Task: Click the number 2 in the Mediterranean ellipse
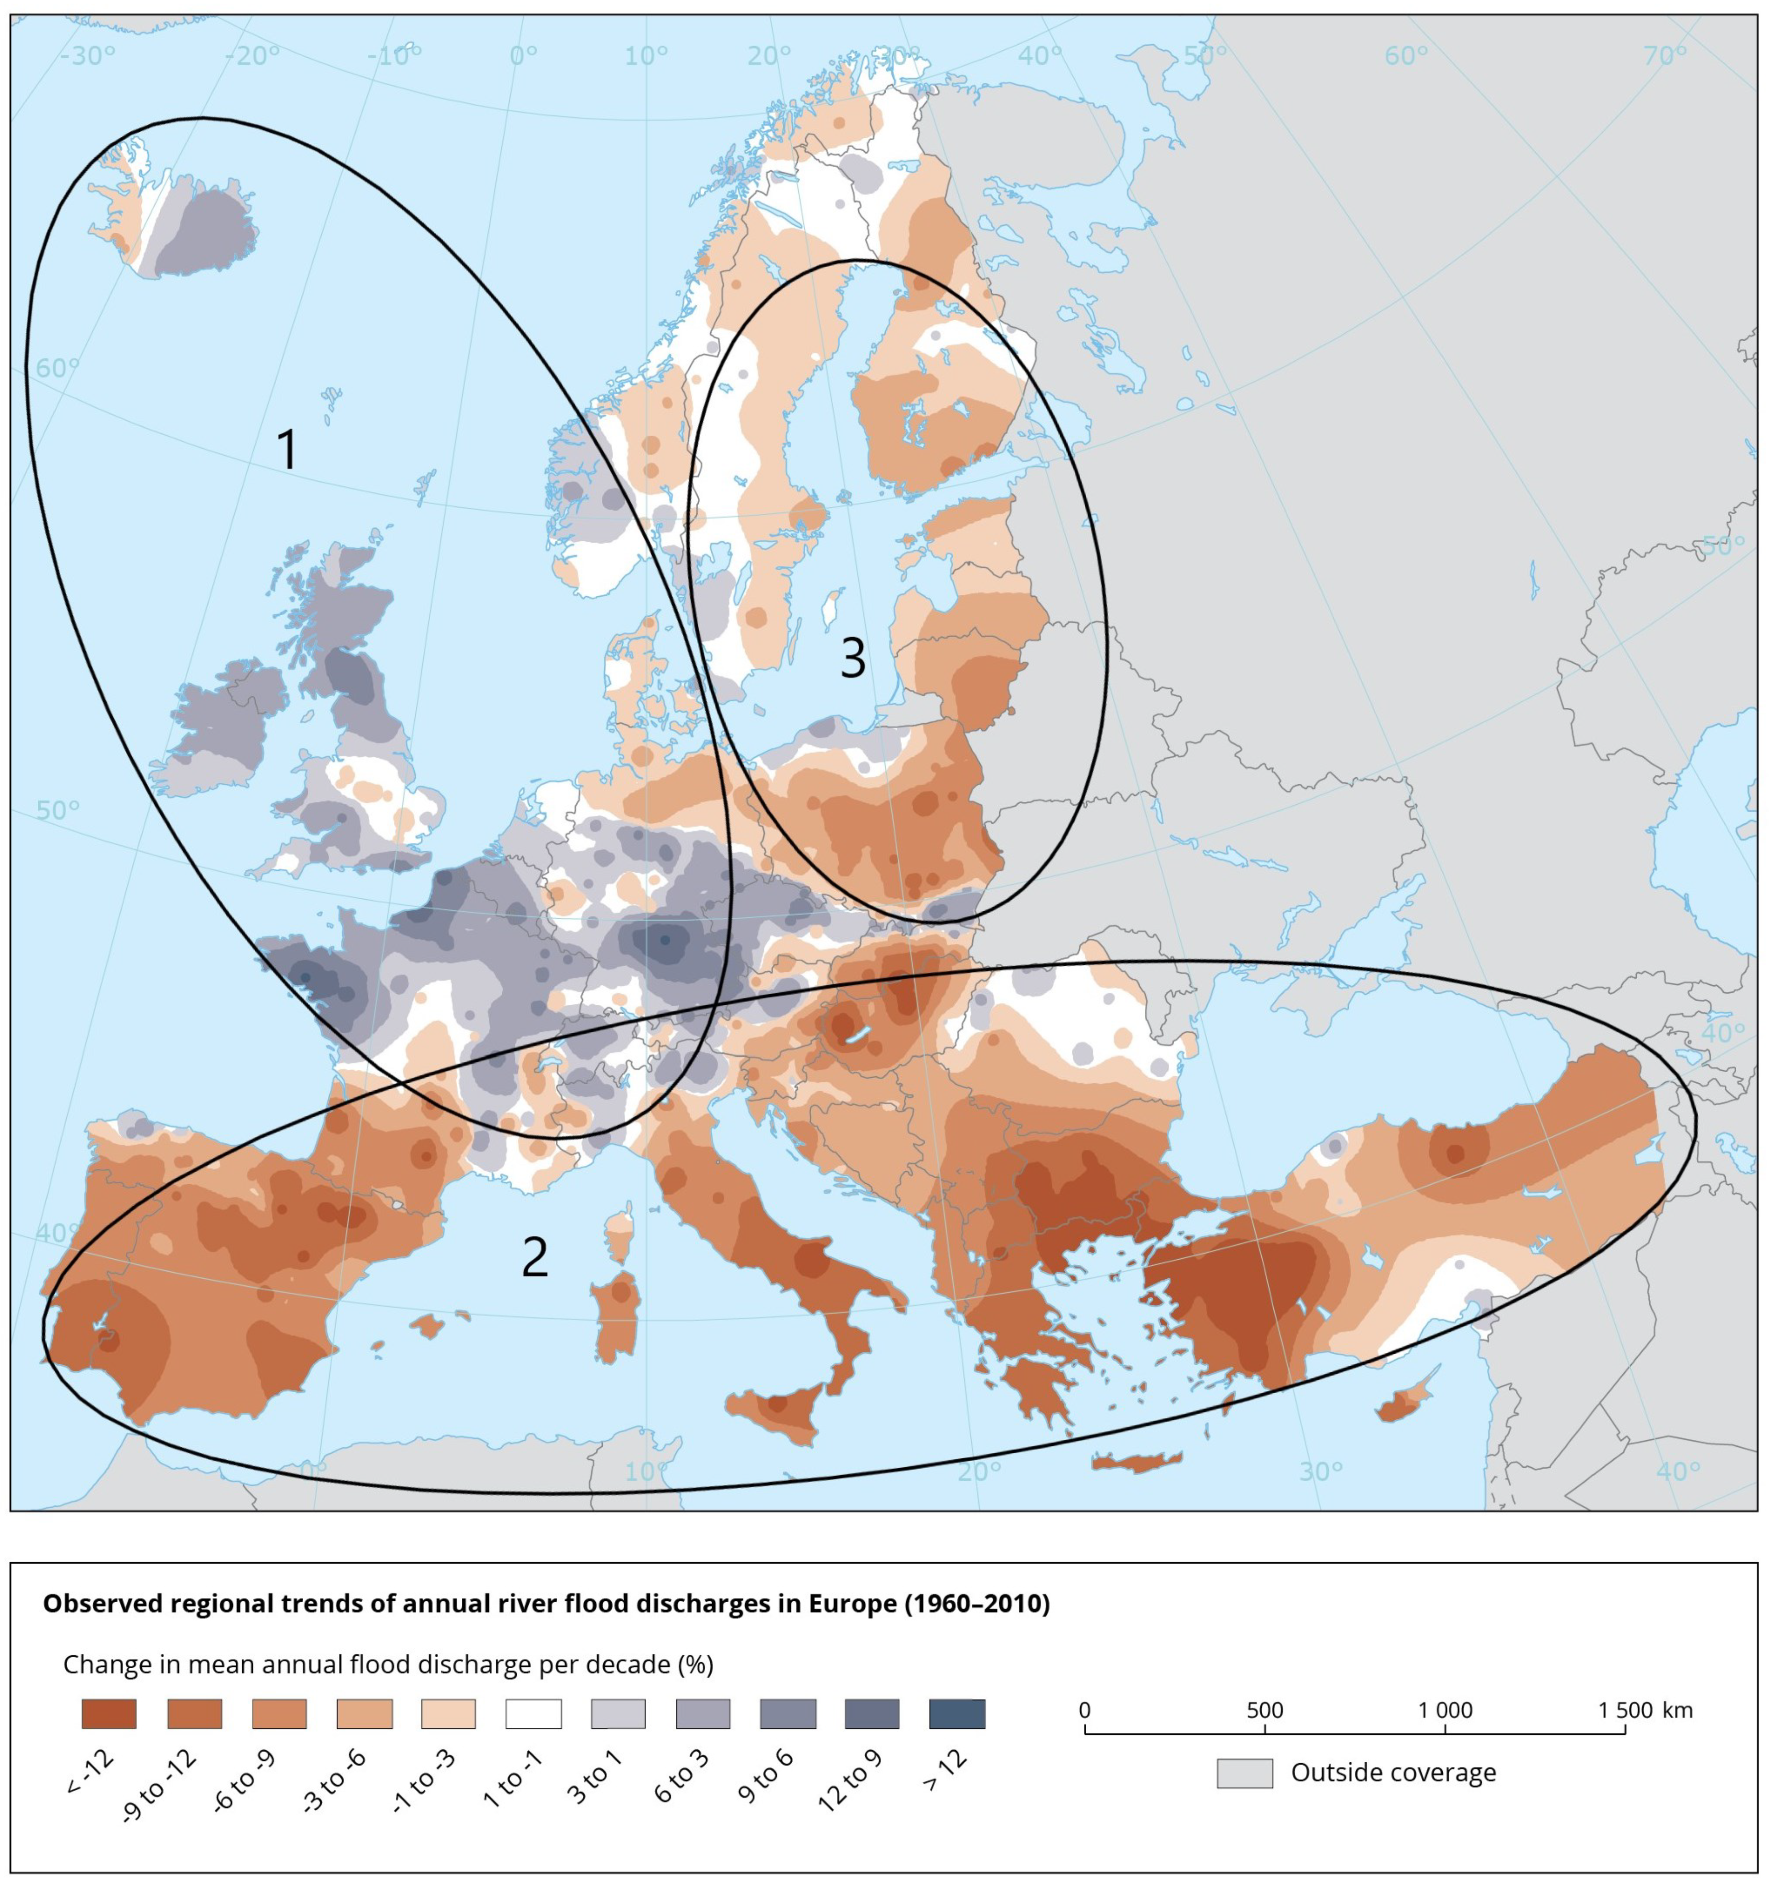click(x=535, y=1257)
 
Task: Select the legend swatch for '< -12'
click(x=109, y=1713)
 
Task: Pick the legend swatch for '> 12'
click(x=957, y=1713)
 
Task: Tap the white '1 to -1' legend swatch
click(x=533, y=1713)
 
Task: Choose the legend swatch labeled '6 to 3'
click(x=703, y=1713)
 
